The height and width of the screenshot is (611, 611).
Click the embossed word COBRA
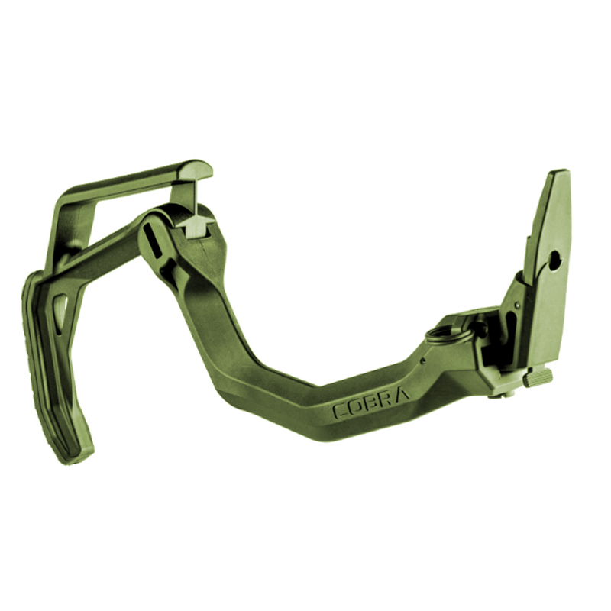pyautogui.click(x=371, y=400)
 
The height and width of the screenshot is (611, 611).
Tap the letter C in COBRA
pyautogui.click(x=340, y=411)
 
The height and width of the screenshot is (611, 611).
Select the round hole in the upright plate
pyautogui.click(x=554, y=260)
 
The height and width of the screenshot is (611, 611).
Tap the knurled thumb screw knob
pyautogui.click(x=538, y=377)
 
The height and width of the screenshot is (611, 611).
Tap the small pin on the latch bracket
pyautogui.click(x=517, y=304)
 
